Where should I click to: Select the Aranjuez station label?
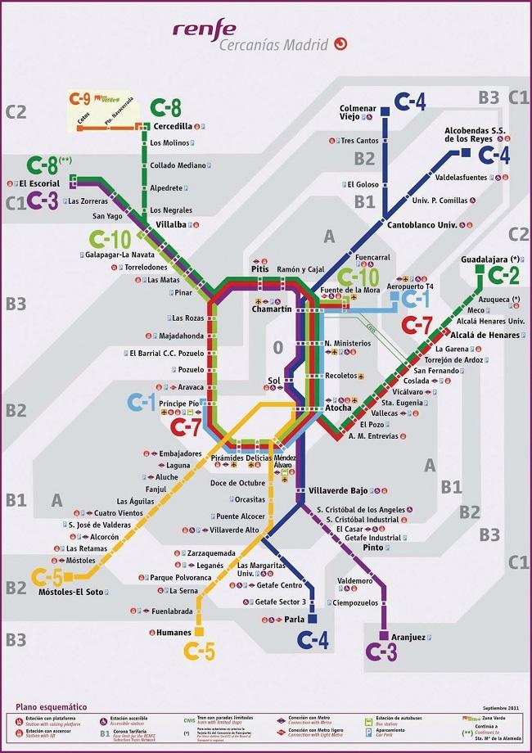point(408,638)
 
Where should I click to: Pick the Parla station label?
point(294,620)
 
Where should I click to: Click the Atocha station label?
point(338,407)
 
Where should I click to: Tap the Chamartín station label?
point(272,309)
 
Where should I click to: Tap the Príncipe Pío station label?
point(179,404)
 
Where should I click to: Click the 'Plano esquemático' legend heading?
point(51,706)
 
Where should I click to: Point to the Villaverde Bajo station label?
point(337,489)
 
